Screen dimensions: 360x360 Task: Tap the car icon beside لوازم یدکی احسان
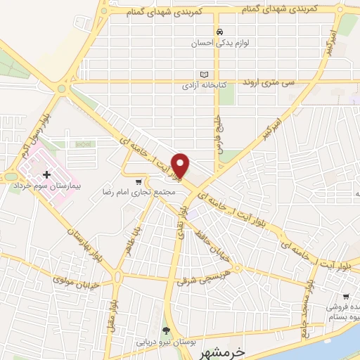pyautogui.click(x=220, y=32)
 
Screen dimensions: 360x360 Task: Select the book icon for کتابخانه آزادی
pyautogui.click(x=205, y=75)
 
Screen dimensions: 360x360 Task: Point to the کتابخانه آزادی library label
pyautogui.click(x=205, y=85)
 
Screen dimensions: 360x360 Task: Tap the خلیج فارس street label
pyautogui.click(x=217, y=124)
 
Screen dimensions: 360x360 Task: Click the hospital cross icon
pyautogui.click(x=46, y=174)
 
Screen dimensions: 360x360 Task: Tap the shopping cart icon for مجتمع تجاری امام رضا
pyautogui.click(x=138, y=181)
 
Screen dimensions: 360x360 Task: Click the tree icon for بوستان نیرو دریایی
pyautogui.click(x=166, y=330)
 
